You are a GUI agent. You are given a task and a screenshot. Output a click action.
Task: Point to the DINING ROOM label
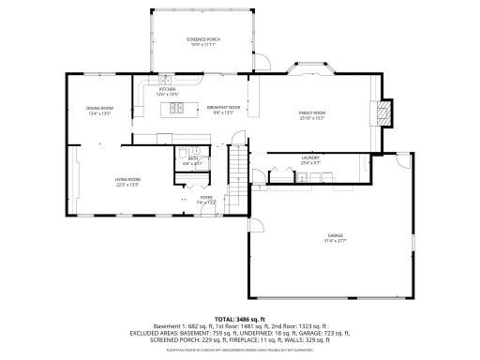[x=99, y=108]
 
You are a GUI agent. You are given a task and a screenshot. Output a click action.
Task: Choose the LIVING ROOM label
[x=127, y=179]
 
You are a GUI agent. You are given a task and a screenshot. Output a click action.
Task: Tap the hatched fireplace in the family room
[x=382, y=112]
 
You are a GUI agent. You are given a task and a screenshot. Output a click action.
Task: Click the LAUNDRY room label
[x=310, y=157]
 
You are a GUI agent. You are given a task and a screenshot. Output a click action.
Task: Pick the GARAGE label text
[x=335, y=234]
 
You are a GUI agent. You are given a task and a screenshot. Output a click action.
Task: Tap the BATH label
[x=192, y=158]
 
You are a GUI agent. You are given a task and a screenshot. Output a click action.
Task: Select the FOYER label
[x=205, y=198]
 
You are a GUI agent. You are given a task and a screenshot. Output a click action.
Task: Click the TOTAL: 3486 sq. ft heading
[x=240, y=319]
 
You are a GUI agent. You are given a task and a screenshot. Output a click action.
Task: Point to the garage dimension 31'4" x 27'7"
[x=335, y=240]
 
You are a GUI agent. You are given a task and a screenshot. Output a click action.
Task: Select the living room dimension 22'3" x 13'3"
[x=127, y=185]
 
